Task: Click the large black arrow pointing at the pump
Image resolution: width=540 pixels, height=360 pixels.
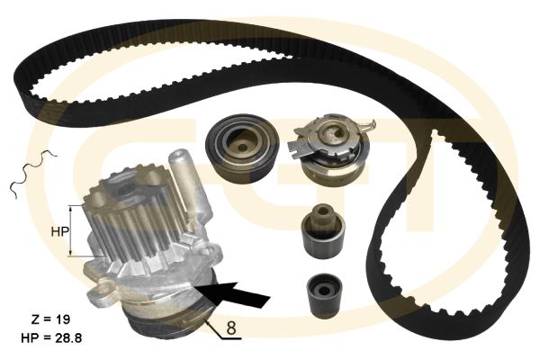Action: coord(233,294)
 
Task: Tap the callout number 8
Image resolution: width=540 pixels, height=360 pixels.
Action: coord(231,328)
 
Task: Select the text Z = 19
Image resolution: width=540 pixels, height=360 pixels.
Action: coord(50,319)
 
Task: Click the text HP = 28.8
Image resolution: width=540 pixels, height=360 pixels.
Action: coord(51,338)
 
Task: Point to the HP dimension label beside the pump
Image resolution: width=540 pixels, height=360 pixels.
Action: coord(60,232)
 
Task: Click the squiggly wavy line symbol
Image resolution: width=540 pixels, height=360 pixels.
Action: coord(32,174)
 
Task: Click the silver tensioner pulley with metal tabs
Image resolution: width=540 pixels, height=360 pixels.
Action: coord(330,151)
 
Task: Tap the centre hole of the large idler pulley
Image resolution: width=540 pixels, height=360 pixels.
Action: coord(242,147)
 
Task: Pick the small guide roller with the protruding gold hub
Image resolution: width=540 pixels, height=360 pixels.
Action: coord(323,230)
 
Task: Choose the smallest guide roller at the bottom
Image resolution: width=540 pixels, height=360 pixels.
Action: coord(324,295)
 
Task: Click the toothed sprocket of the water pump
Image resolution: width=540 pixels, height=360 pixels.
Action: coord(135,218)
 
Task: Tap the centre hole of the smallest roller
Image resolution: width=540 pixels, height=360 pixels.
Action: coord(324,292)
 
